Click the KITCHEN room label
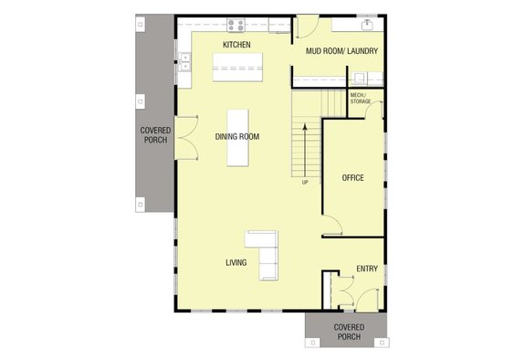(x=236, y=45)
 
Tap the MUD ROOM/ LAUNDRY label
(x=342, y=51)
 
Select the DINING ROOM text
(x=237, y=137)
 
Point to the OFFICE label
(x=352, y=177)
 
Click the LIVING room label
(x=236, y=263)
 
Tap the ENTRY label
(x=367, y=269)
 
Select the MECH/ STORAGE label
(x=361, y=98)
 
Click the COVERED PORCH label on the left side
(x=153, y=136)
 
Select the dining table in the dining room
(x=238, y=138)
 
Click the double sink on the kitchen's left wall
(x=185, y=61)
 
